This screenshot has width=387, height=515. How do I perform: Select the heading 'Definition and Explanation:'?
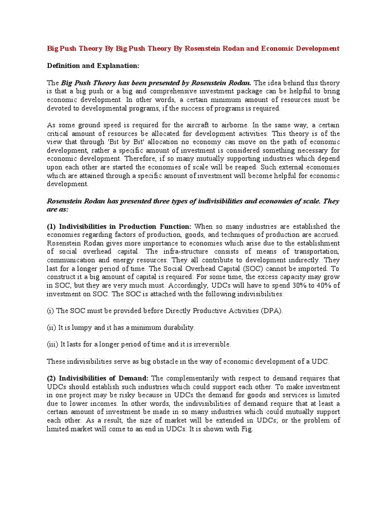(93, 65)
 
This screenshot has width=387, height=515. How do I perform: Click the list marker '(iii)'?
(53, 344)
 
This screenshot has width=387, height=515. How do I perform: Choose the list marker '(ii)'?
(52, 327)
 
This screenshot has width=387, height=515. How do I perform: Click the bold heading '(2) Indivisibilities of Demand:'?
(98, 378)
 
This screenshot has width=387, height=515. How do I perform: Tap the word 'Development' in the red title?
(314, 49)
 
